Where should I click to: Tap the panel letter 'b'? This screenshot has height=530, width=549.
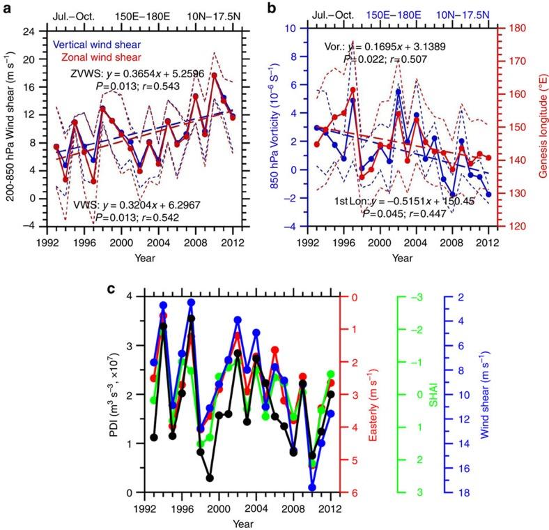[282, 9]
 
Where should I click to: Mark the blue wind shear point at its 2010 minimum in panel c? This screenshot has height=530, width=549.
[312, 487]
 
